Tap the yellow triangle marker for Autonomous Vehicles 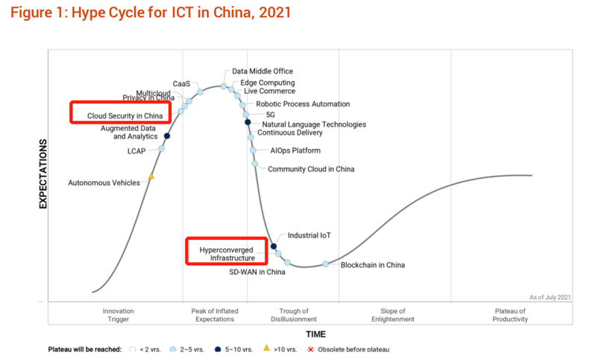pos(151,177)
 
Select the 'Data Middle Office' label pos(262,72)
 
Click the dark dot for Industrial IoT pos(274,246)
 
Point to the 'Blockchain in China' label pos(372,265)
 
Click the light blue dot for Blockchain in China pos(325,264)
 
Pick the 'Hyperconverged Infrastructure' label pos(227,253)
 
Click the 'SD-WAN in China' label pos(257,272)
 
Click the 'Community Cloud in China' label pos(311,169)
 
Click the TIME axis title pos(314,334)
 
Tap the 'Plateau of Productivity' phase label pos(510,315)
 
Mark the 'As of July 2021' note pos(550,297)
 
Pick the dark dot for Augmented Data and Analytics pos(167,136)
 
